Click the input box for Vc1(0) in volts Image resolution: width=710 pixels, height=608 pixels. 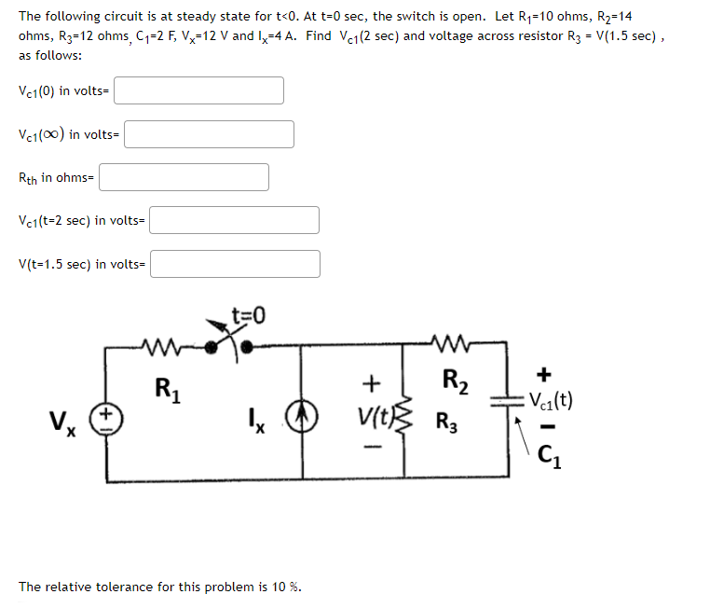199,90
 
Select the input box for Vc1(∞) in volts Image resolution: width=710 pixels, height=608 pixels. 210,134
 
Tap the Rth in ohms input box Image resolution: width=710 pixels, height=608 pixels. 184,177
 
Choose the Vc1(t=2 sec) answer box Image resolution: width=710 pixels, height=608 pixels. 235,220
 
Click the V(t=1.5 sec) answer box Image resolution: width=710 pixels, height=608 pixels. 236,264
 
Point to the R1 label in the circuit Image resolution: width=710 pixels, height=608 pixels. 169,385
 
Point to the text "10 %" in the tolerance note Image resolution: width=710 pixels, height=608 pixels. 286,587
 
